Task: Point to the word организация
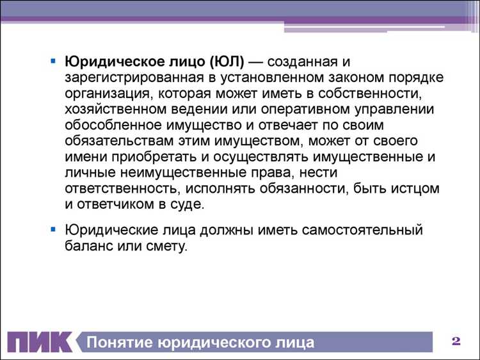click(x=104, y=94)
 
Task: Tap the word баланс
click(x=86, y=245)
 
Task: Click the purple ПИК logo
click(x=40, y=341)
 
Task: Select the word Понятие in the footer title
click(x=118, y=342)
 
